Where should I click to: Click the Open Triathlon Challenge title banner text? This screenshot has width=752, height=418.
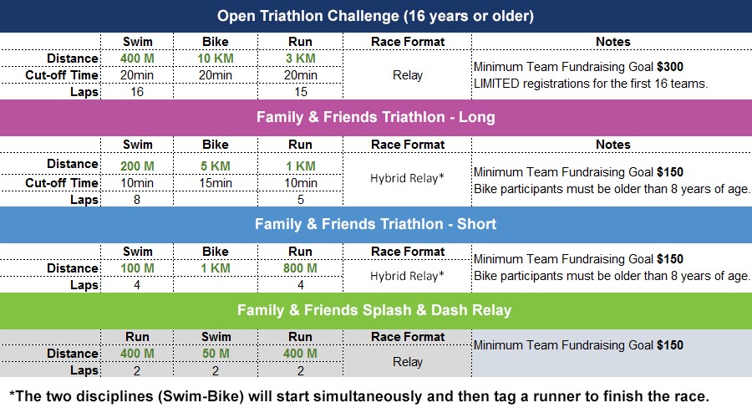pos(375,16)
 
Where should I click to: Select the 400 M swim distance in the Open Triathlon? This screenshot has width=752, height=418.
pos(137,59)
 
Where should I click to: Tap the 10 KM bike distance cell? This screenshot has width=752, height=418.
pos(216,59)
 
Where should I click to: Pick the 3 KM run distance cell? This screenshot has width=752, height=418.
pos(301,59)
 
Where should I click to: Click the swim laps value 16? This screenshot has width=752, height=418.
pos(137,92)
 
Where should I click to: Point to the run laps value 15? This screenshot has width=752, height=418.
pos(301,92)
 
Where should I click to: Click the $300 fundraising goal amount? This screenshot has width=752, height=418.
pos(670,67)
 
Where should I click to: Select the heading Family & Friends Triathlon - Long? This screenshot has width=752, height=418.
pos(375,117)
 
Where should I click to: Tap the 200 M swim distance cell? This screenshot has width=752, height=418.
pos(137,166)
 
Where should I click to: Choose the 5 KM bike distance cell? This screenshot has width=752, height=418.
pos(216,166)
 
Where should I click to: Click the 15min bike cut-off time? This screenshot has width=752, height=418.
pos(216,183)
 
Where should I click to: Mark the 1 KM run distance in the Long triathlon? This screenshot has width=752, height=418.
pos(301,166)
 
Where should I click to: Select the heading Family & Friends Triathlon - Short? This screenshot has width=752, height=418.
pos(375,224)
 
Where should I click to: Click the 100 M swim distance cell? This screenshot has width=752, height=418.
pos(137,268)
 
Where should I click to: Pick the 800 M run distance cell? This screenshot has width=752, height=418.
pos(300,268)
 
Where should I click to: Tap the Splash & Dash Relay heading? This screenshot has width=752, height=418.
pos(374,310)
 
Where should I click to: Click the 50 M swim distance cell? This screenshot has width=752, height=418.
pos(216,354)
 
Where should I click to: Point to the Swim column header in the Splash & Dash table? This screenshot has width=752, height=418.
pos(216,337)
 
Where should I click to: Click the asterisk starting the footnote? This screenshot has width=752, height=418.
pos(12,394)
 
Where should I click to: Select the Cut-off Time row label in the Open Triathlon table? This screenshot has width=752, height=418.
pos(62,75)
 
